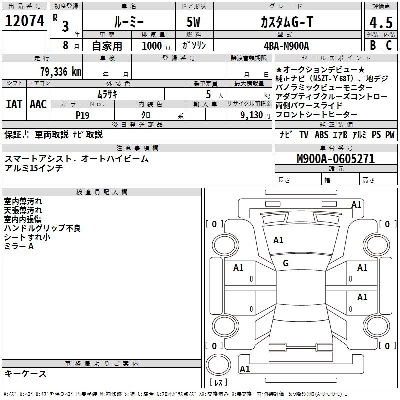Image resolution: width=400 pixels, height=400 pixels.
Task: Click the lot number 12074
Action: click(25, 21)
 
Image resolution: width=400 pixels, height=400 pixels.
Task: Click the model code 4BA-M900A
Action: click(286, 46)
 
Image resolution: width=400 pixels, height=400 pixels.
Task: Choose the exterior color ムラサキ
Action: click(107, 94)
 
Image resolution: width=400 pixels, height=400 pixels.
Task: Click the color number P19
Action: click(83, 115)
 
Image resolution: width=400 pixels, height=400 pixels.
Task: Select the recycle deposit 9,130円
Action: click(255, 115)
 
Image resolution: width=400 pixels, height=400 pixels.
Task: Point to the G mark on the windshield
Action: click(286, 263)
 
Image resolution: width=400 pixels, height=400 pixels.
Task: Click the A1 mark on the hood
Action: click(278, 240)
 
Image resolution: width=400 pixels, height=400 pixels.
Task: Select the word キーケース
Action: click(26, 374)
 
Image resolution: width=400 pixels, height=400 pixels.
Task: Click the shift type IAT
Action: click(14, 104)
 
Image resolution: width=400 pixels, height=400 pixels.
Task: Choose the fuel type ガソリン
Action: click(194, 45)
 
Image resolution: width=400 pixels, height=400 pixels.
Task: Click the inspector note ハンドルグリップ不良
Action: click(42, 228)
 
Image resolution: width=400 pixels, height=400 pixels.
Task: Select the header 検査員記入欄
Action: click(102, 192)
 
